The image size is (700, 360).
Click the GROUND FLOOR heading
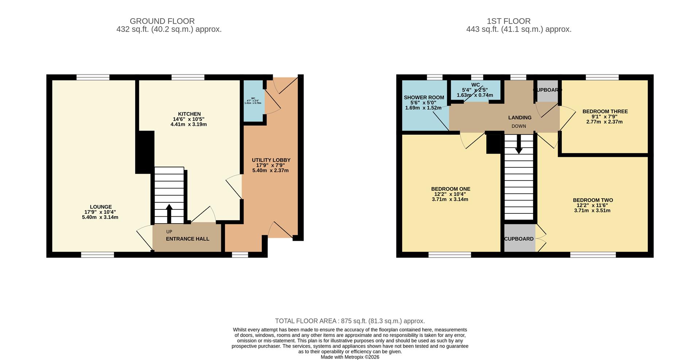pyautogui.click(x=162, y=21)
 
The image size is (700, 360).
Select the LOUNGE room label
pyautogui.click(x=101, y=207)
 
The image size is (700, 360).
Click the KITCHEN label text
pyautogui.click(x=189, y=114)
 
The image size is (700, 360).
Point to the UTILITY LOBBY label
pyautogui.click(x=271, y=160)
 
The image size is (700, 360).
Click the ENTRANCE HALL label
pyautogui.click(x=187, y=239)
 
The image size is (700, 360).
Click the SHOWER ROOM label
pyautogui.click(x=424, y=97)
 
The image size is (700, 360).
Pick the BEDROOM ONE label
pyautogui.click(x=450, y=189)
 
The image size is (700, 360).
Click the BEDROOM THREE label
pyautogui.click(x=605, y=112)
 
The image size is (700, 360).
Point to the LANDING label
pyautogui.click(x=520, y=117)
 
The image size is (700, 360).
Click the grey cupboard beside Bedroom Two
pyautogui.click(x=519, y=239)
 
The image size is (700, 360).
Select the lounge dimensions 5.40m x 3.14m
pyautogui.click(x=100, y=217)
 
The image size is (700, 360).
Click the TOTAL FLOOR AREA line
pyautogui.click(x=350, y=321)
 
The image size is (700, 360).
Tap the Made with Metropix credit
pyautogui.click(x=350, y=357)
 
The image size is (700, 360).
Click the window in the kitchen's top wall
pyautogui.click(x=188, y=77)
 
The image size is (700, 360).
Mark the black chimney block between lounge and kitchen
pyautogui.click(x=145, y=152)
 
